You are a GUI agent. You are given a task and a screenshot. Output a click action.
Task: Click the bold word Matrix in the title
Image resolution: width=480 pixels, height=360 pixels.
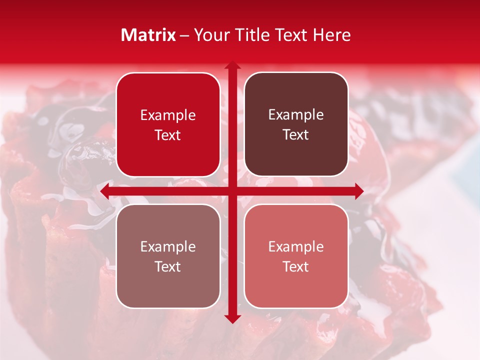coord(148,35)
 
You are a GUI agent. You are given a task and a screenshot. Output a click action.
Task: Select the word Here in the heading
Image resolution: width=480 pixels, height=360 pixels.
coord(331,35)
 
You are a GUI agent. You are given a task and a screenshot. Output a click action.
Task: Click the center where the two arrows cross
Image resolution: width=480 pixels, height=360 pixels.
coord(232,191)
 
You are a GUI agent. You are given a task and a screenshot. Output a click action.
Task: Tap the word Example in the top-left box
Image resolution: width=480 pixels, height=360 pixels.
coord(168,115)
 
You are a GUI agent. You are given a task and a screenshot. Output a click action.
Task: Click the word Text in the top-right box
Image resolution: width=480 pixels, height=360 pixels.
coord(296,135)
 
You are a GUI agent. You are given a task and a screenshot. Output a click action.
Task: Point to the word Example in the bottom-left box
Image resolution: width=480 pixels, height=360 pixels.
coord(168,247)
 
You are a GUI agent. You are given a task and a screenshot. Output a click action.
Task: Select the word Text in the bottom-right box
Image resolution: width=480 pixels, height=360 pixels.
coord(296,267)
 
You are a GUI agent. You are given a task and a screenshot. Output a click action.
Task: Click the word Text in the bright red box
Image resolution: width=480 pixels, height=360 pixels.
coord(168,135)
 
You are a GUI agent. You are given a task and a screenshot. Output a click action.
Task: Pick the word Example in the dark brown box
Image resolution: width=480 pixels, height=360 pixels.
coord(296,115)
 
